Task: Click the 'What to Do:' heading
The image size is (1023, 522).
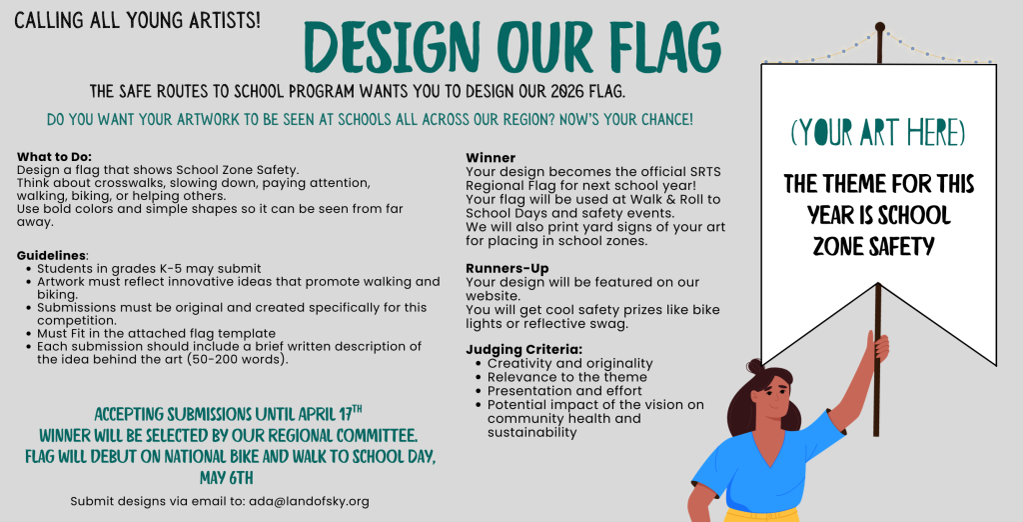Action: point(54,157)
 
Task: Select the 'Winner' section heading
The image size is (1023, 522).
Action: point(491,157)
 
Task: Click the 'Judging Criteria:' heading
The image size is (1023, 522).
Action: point(523,350)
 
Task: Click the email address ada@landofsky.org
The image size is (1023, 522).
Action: point(309,502)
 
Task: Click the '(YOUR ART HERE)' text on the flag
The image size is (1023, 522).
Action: point(877,132)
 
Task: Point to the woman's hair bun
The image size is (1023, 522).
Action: point(755,365)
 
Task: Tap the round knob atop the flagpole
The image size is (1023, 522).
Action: point(879,27)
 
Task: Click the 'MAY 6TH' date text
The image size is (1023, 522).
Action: point(227,478)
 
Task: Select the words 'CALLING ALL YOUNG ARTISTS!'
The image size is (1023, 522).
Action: point(138,21)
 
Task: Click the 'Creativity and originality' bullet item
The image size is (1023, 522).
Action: point(569,363)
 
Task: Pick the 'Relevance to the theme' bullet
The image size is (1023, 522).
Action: point(567,377)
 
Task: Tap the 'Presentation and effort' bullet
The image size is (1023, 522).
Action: point(564,391)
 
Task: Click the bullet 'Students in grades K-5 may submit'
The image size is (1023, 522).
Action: point(149,269)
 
